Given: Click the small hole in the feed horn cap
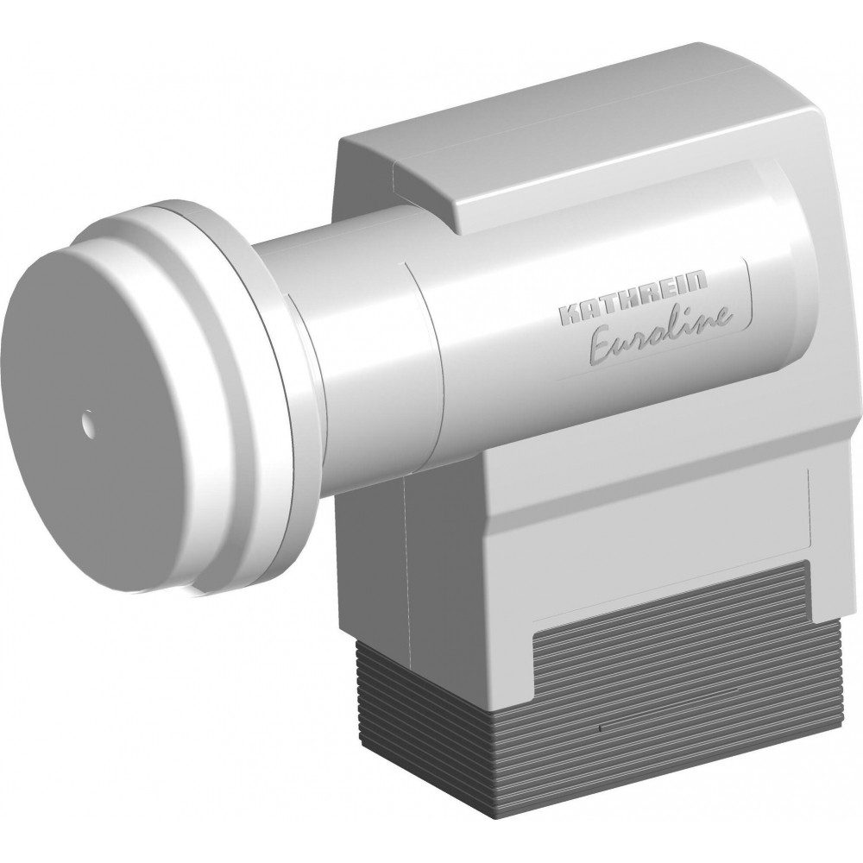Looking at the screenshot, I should [87, 423].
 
